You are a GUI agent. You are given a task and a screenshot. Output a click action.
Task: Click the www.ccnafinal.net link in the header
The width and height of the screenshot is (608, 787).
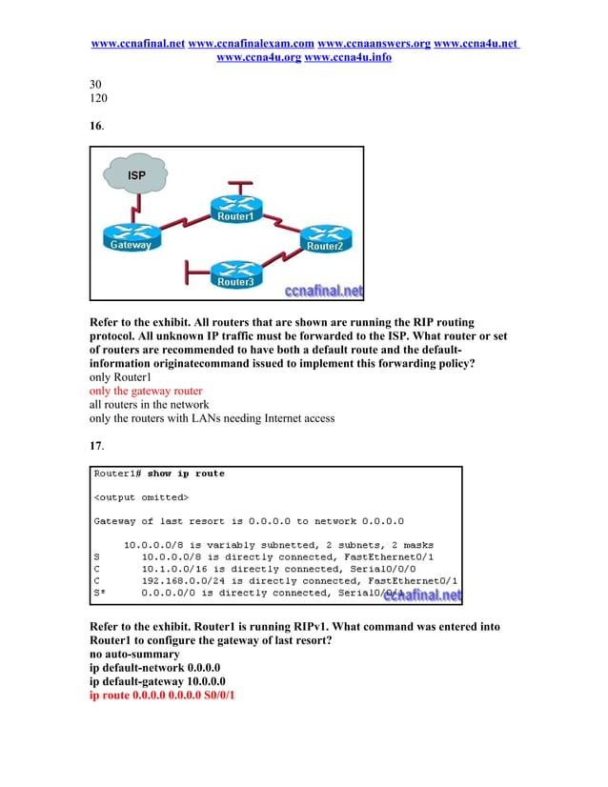tap(137, 44)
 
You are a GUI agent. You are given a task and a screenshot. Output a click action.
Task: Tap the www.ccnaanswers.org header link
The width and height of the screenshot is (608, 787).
tap(374, 44)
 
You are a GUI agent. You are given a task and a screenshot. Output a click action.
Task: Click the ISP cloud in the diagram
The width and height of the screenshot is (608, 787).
tap(135, 176)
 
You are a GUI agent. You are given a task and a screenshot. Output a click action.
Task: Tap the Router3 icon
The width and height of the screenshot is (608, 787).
tap(235, 272)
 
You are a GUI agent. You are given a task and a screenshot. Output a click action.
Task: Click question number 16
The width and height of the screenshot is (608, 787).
tap(96, 126)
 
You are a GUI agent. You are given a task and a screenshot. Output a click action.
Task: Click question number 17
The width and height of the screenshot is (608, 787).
tap(96, 445)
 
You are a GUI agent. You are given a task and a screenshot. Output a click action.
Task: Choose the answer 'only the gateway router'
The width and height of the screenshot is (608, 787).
tap(146, 391)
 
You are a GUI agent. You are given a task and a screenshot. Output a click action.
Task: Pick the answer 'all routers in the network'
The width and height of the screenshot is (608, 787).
tap(149, 405)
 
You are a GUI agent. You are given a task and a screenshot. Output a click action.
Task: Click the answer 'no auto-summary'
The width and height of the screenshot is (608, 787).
tap(133, 655)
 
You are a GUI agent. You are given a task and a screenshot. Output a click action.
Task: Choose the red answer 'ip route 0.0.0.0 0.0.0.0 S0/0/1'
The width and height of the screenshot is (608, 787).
tap(162, 696)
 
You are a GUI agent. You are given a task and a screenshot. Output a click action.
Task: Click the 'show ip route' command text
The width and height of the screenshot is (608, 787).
tap(186, 474)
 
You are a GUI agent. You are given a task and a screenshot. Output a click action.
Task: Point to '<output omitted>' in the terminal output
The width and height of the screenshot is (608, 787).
tap(141, 497)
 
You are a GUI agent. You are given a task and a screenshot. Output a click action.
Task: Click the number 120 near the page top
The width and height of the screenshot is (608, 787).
tap(98, 97)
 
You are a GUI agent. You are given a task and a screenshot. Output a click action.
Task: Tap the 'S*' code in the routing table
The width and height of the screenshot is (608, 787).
tap(98, 592)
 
